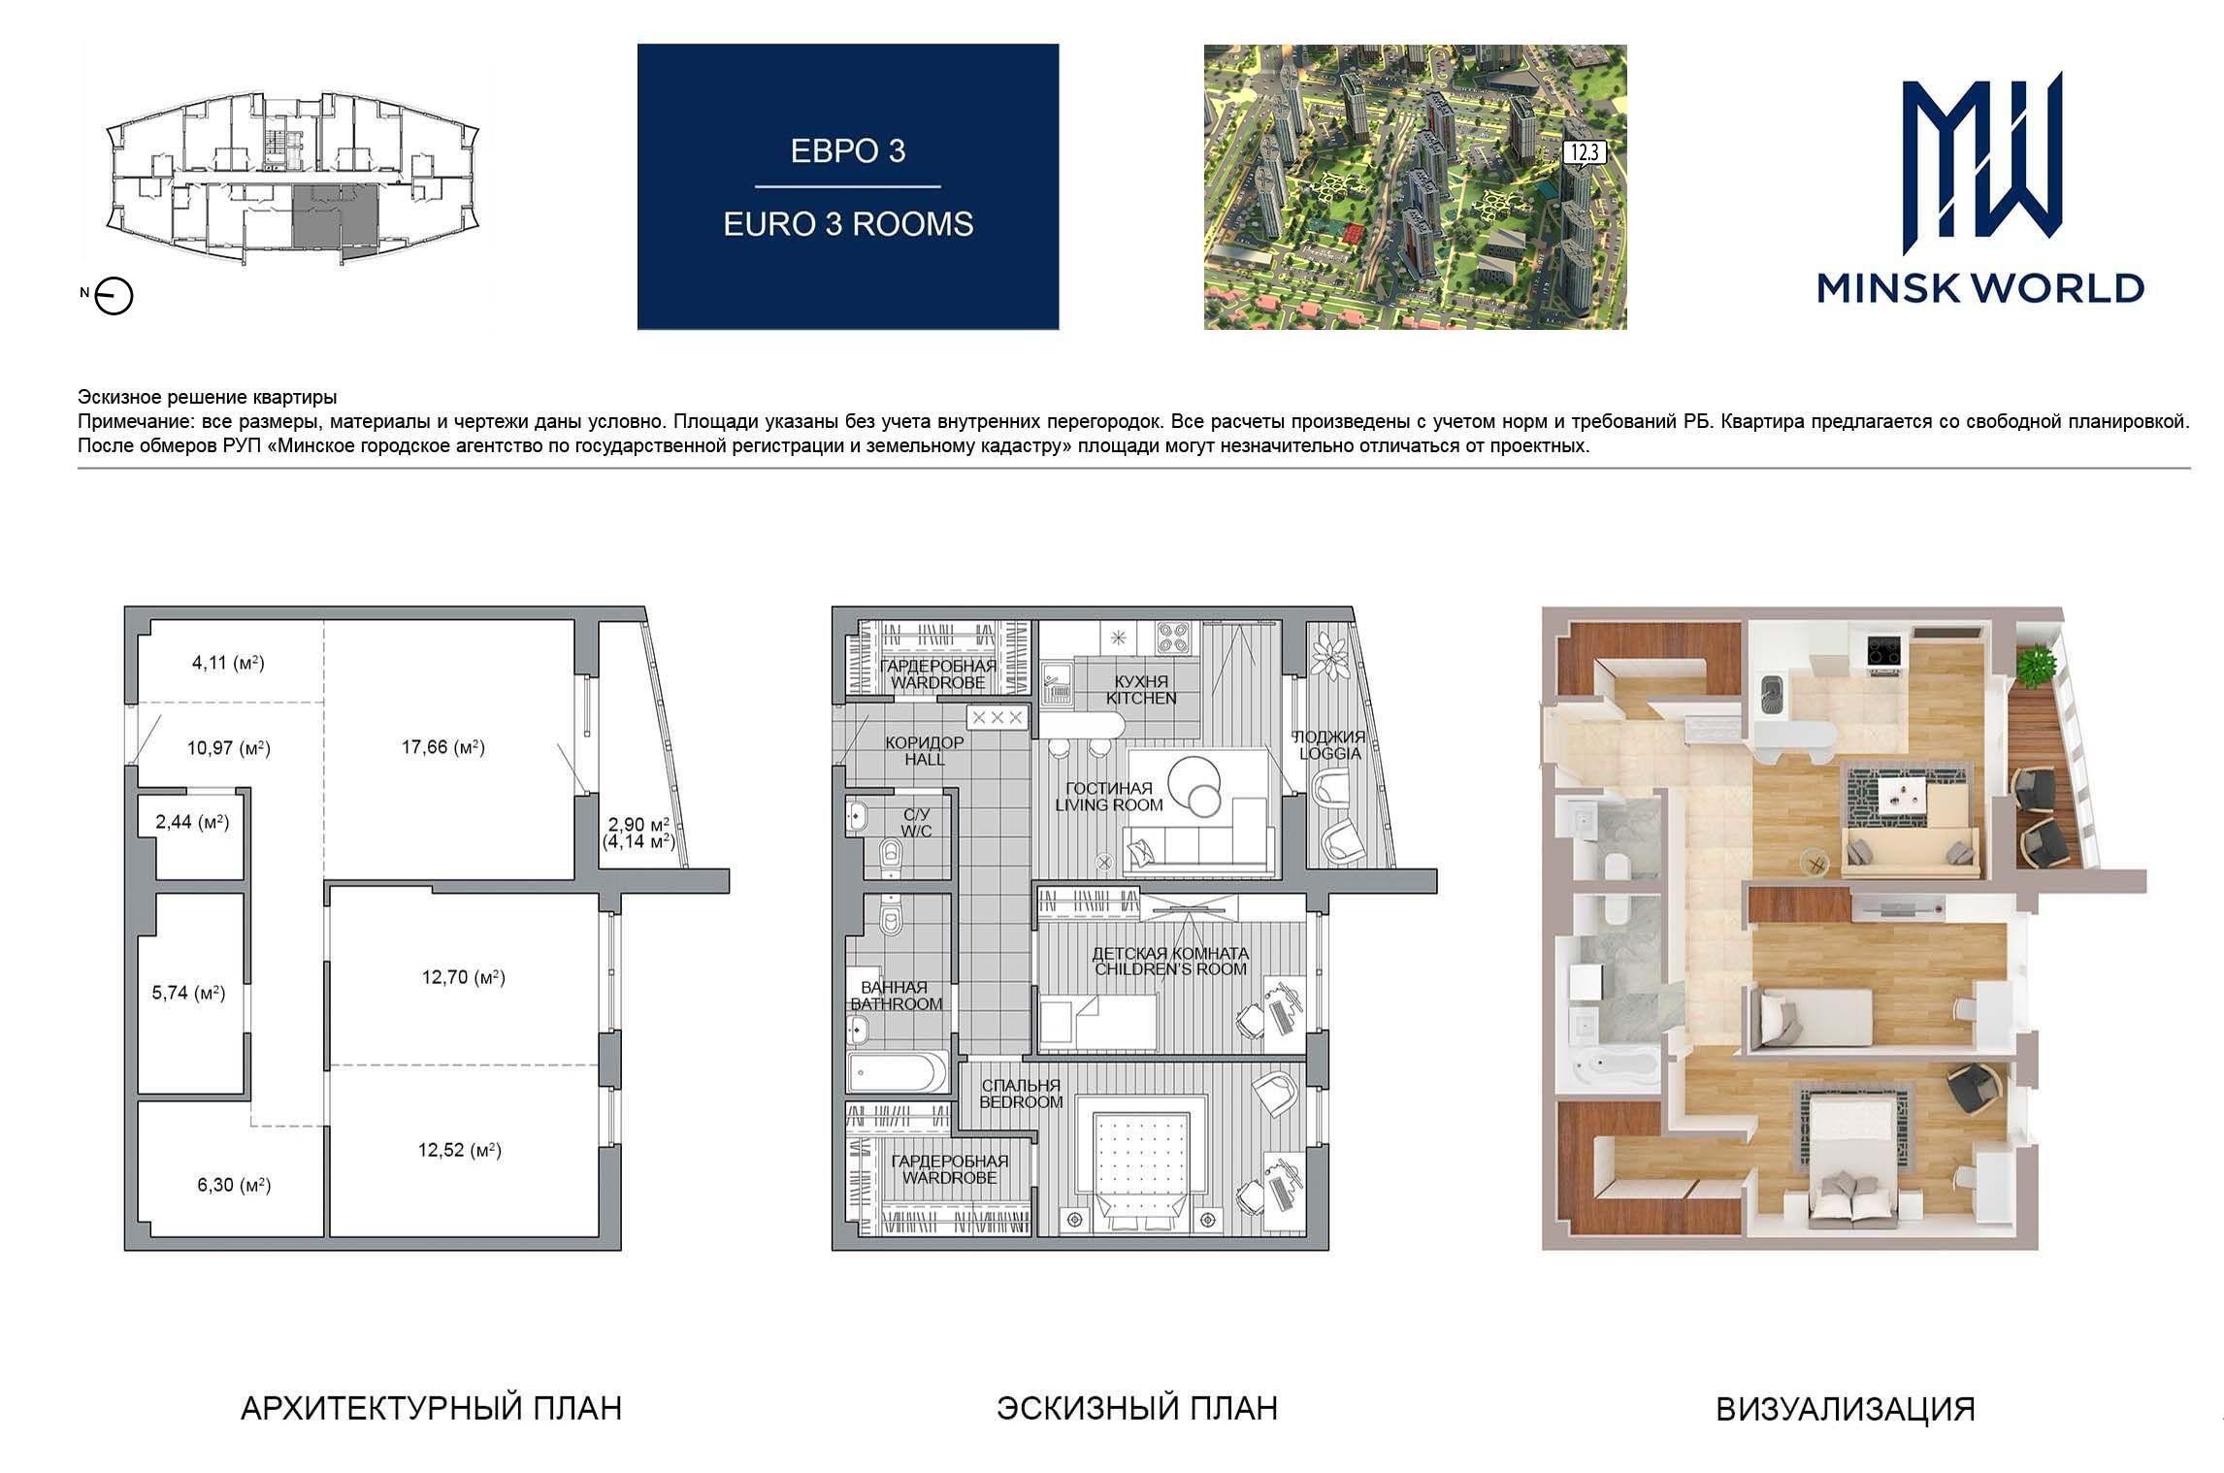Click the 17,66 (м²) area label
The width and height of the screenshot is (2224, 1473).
coord(443,747)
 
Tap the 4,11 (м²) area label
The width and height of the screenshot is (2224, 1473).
coord(228,663)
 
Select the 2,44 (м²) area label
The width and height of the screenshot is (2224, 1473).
coord(192,823)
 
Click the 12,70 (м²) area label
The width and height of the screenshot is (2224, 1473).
coord(463,977)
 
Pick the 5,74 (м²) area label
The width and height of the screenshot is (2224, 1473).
coord(189,993)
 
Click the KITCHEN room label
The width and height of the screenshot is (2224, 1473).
coord(1141,698)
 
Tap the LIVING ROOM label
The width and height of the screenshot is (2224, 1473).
coord(1108,804)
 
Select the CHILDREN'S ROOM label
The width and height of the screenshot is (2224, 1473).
coord(1170,968)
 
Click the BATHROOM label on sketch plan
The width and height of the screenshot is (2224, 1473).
coord(897,1003)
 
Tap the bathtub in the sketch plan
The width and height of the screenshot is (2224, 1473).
coord(896,1073)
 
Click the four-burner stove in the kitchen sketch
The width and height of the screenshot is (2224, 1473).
coord(1175,637)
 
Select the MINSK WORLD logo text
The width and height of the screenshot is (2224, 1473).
coord(1980,288)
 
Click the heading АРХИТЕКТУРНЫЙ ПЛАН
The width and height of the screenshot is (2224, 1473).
coord(431,1408)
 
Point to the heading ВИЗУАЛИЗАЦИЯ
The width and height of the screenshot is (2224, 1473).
coord(1846,1409)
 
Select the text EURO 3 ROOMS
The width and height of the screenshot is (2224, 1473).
coord(848,224)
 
